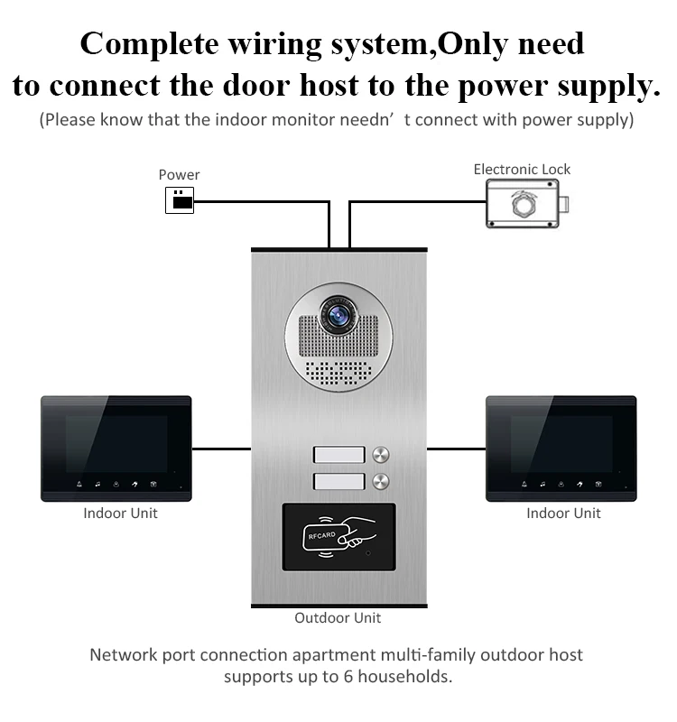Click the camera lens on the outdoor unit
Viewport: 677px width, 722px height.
338,315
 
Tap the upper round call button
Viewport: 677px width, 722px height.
381,455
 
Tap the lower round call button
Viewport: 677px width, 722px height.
381,482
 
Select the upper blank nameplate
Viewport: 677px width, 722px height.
339,455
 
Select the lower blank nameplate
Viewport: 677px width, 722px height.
339,482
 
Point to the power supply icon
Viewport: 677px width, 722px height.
180,200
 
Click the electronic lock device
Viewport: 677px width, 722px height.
527,204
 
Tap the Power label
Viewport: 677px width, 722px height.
179,175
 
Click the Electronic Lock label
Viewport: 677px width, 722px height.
522,170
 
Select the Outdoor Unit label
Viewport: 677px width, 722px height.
338,618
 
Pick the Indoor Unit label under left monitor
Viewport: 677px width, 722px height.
120,513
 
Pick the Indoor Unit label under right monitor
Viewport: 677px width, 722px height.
563,513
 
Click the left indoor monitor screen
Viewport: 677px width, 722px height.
116,444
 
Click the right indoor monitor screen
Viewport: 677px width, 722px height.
561,444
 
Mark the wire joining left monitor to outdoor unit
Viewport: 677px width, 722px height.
221,449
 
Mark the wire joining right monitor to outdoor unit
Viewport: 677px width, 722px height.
457,449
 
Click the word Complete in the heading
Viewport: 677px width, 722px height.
149,44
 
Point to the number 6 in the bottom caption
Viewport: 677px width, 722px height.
348,677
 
